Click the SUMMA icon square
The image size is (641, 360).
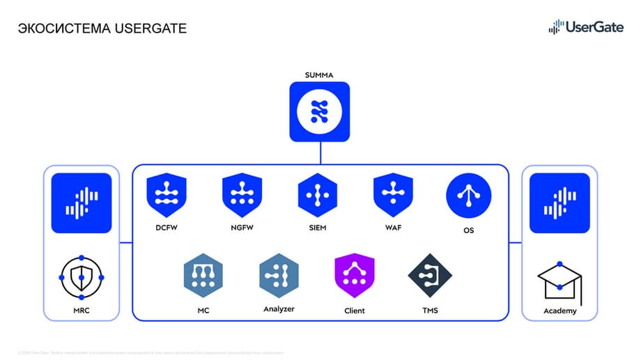tap(320, 111)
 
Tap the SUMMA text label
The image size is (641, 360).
tap(320, 75)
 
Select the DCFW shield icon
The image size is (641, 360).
tap(166, 194)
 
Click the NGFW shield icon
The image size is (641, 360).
tap(242, 194)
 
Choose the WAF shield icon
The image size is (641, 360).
tap(393, 194)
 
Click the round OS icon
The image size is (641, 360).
tap(468, 195)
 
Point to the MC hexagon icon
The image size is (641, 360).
tap(203, 275)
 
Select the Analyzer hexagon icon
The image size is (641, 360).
tap(279, 275)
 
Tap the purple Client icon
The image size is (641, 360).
tap(355, 276)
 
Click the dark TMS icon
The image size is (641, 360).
tap(430, 275)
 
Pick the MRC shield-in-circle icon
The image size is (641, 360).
tap(82, 277)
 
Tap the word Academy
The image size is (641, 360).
tap(559, 311)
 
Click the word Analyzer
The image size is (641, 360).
tap(279, 308)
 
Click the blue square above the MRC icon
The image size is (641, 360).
tap(82, 203)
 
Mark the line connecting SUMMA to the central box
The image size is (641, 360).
tap(320, 152)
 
